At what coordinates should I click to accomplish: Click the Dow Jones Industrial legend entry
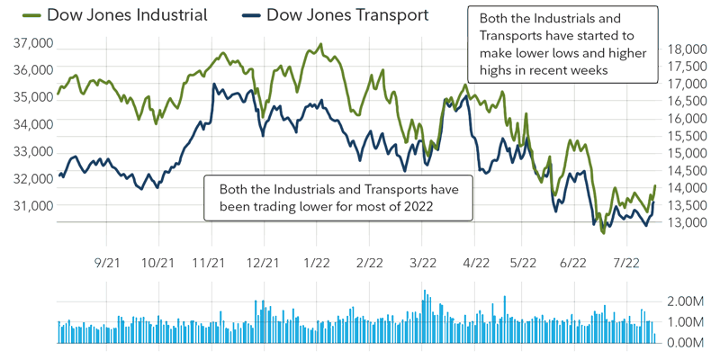coord(126,15)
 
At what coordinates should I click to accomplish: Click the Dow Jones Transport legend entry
coord(347,15)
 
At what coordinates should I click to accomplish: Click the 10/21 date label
coord(158,263)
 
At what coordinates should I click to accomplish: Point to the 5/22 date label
coord(523,263)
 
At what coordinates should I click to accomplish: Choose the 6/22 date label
coord(573,263)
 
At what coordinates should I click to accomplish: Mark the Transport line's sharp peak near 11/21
coord(212,85)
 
